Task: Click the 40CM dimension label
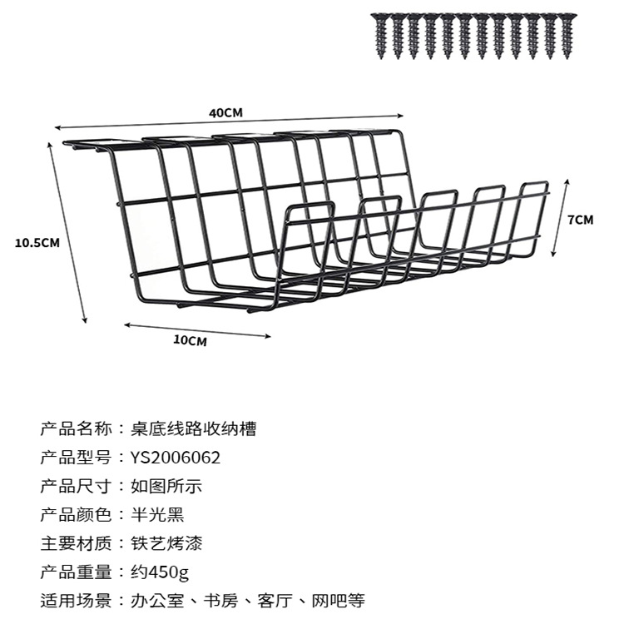point(225,113)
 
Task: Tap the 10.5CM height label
point(37,243)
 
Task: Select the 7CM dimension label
point(580,220)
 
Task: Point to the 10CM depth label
point(190,340)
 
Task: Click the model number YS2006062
point(176,458)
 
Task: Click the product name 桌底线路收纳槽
point(193,429)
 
